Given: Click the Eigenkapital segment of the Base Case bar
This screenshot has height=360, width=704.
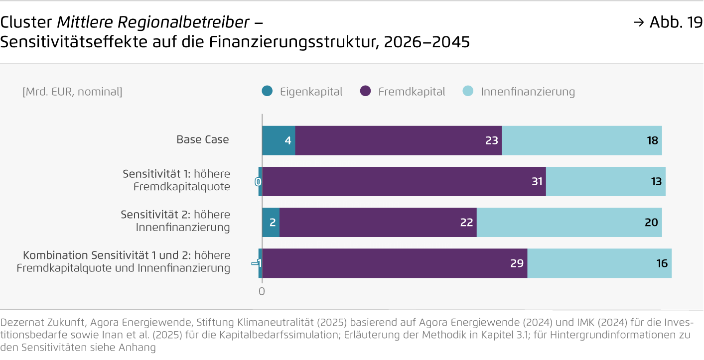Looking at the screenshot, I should (279, 140).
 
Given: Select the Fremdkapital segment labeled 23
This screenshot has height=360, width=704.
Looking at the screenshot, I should (398, 140).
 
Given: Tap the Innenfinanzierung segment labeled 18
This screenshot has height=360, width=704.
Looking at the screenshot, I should (581, 140).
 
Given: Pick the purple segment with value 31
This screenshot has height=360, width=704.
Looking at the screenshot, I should (404, 181).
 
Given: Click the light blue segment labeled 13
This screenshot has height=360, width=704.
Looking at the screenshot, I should (605, 181).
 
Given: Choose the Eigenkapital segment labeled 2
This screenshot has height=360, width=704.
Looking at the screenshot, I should (271, 222).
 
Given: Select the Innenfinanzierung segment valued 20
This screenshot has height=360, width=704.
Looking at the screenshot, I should (569, 222).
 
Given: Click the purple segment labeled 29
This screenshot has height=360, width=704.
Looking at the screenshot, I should (394, 263).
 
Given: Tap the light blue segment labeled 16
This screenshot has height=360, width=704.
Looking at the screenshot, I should (599, 263).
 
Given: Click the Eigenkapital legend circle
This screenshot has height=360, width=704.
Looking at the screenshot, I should (268, 91).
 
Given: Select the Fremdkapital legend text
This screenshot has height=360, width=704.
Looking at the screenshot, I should (412, 92).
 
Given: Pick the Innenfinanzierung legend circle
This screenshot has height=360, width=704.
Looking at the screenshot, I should (468, 91).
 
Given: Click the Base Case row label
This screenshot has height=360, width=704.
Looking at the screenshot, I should (203, 139).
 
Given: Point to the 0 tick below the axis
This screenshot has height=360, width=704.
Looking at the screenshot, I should (262, 291).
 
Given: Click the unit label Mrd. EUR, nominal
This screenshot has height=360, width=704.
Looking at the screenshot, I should (72, 92).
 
